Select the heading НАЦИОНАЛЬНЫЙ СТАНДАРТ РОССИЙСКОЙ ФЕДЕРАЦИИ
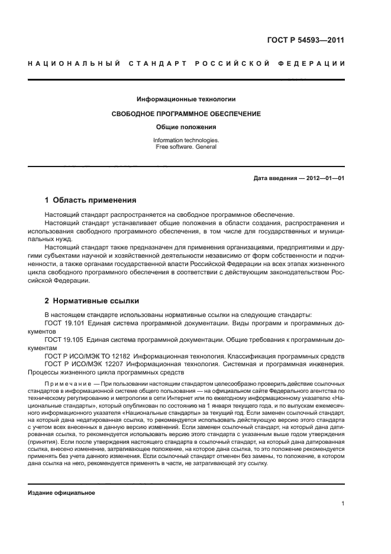coord(186,63)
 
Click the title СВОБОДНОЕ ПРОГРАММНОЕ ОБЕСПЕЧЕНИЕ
coord(186,113)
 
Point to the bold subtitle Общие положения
coord(186,127)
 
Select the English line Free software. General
coord(186,146)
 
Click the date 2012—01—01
coord(324,178)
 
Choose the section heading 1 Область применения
coord(91,200)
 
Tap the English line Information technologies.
coord(186,140)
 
